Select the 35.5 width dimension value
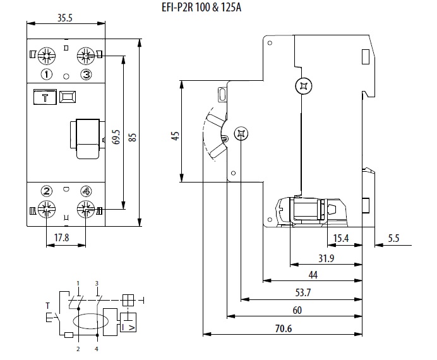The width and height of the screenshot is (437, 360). pos(64,18)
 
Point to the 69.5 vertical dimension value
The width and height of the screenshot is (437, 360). pos(116,138)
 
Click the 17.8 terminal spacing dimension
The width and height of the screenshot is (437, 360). pos(62,238)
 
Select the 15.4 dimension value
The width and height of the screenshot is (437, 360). pos(341,237)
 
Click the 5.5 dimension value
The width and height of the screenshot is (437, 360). pos(393,237)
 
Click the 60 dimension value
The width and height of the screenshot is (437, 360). pos(297,309)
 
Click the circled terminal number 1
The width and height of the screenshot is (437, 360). pos(46,75)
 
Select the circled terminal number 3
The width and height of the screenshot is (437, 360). pos(86,75)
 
